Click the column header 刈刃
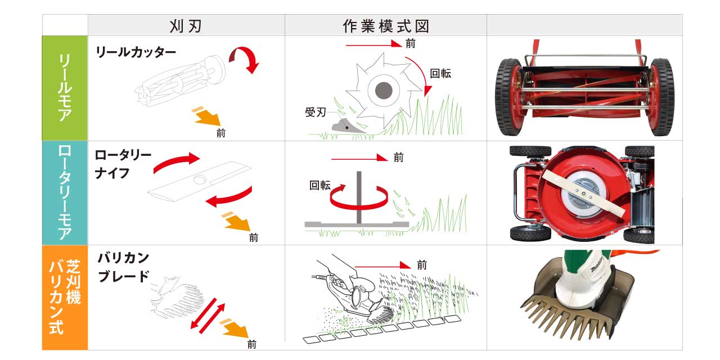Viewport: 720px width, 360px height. pyautogui.click(x=186, y=26)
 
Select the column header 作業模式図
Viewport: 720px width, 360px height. pyautogui.click(x=386, y=26)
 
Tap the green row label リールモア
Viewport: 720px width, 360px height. pyautogui.click(x=65, y=88)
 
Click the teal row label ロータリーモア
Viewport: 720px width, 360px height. pyautogui.click(x=65, y=192)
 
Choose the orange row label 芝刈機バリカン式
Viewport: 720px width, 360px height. pyautogui.click(x=65, y=297)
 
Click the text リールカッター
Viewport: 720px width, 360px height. pyautogui.click(x=136, y=52)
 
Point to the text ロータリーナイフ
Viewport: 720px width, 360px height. pyautogui.click(x=123, y=164)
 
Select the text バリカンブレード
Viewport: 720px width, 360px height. pyautogui.click(x=124, y=267)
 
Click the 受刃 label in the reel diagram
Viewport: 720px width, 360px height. pyautogui.click(x=316, y=112)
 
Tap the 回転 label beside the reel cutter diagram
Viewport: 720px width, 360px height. pyautogui.click(x=440, y=74)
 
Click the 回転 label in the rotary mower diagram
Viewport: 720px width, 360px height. pyautogui.click(x=319, y=186)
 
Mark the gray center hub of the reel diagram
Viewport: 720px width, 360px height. pyautogui.click(x=384, y=91)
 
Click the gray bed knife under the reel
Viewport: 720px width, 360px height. pyautogui.click(x=345, y=127)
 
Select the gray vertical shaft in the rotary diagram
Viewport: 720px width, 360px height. pyautogui.click(x=359, y=197)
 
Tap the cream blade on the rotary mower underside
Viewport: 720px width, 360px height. pyautogui.click(x=583, y=193)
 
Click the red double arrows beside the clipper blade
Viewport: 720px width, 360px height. pyautogui.click(x=208, y=316)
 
